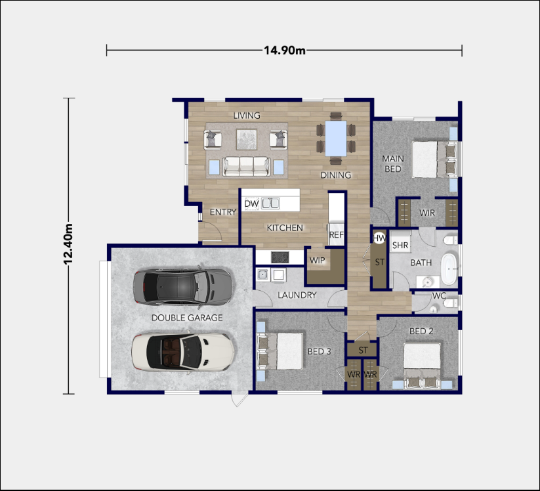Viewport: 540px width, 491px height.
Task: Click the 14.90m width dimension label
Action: coord(284,51)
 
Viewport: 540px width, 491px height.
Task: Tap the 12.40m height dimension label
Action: coord(68,245)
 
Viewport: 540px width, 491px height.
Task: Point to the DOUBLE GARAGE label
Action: coord(187,318)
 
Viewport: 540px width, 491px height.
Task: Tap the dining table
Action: coord(335,138)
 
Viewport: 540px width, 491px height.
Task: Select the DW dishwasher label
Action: coord(251,204)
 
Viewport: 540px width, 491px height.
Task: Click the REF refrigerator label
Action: coord(336,234)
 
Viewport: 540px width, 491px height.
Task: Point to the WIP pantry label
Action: coord(318,261)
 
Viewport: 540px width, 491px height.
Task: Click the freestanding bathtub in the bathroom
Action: coord(449,268)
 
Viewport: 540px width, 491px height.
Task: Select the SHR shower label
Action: coord(400,245)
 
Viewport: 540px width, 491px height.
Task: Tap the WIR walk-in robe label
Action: coord(427,213)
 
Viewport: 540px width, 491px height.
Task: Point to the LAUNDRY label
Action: coord(297,295)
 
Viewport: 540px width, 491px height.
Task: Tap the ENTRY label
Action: coord(222,212)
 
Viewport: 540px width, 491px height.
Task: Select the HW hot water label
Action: coord(379,238)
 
